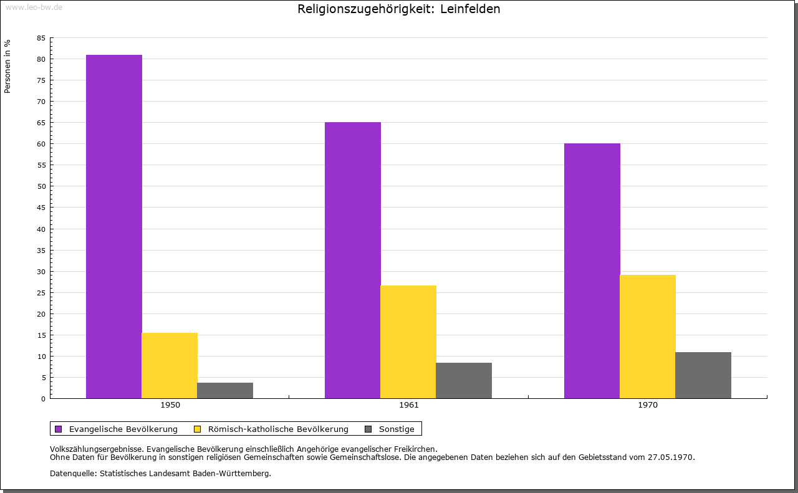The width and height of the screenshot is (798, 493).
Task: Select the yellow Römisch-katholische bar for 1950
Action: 170,365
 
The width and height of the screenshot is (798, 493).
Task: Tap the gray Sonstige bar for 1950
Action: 225,390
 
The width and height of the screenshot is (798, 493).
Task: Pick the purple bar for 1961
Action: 353,260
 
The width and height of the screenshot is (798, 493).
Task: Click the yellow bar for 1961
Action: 408,342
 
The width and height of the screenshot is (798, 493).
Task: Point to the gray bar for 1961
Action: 464,380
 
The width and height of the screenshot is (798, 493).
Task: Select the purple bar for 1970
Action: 592,270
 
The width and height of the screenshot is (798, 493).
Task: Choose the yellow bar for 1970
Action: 648,337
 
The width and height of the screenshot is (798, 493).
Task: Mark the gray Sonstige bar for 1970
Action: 703,375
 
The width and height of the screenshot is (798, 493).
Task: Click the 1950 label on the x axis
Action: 170,405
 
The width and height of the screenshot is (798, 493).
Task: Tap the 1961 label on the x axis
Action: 409,405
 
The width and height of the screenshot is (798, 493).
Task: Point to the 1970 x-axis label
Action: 648,405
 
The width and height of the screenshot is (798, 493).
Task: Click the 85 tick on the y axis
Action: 41,38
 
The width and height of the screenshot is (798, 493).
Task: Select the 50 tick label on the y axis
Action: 41,186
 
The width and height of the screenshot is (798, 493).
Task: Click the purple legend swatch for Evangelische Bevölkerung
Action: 59,429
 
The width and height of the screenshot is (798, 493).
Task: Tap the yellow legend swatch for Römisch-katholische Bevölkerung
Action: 198,429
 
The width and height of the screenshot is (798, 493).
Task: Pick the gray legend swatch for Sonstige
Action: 368,429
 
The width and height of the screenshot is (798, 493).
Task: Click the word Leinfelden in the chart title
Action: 470,9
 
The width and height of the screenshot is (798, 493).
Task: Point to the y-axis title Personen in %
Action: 7,66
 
